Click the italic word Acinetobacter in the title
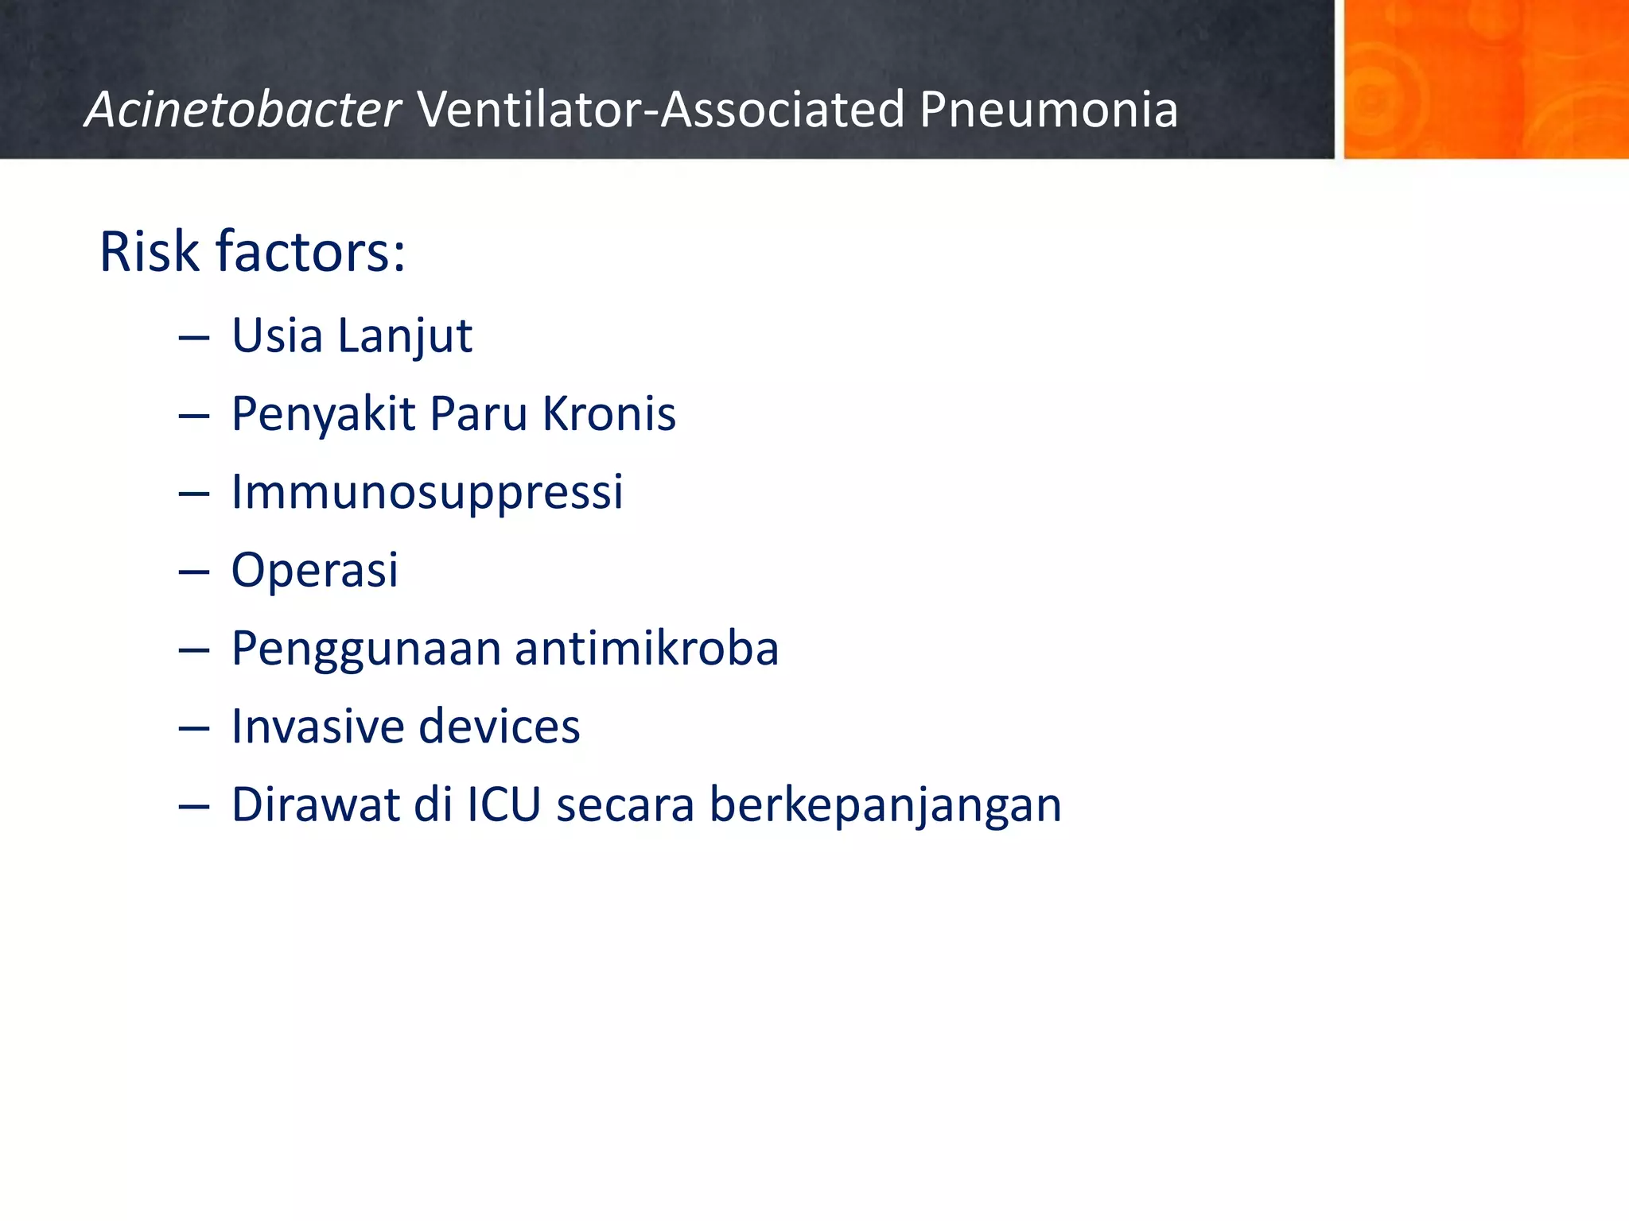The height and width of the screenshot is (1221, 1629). (243, 110)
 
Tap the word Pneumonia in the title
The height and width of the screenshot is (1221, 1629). (1048, 110)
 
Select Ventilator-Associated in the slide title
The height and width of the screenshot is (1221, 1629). (661, 110)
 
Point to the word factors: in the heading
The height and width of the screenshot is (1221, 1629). (311, 252)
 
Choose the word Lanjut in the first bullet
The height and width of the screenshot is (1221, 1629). (405, 336)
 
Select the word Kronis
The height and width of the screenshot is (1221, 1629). (608, 413)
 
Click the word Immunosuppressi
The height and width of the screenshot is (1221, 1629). (427, 492)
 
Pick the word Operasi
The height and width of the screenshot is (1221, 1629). (315, 570)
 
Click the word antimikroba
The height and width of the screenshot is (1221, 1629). (647, 648)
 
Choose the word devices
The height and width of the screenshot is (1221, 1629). (500, 726)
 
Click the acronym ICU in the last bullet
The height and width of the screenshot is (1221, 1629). (503, 804)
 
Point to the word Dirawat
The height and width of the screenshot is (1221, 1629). (315, 804)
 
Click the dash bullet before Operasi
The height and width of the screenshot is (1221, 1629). (194, 572)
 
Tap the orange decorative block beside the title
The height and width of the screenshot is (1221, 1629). (1485, 79)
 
